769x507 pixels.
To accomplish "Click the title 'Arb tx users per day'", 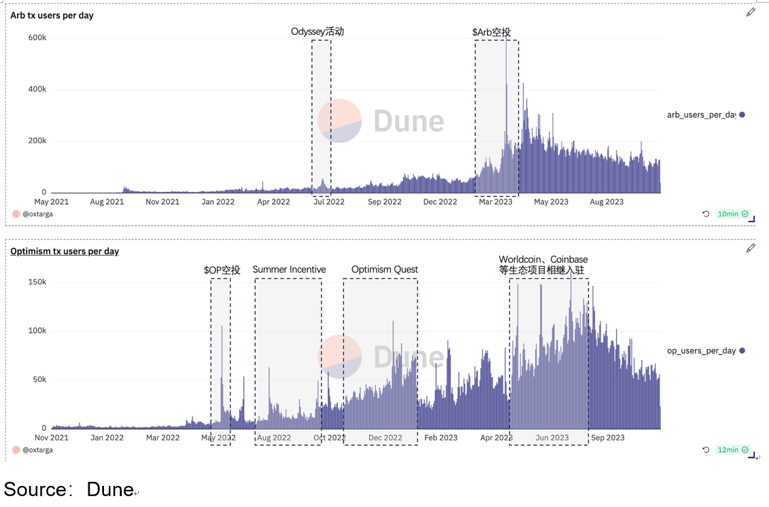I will pos(52,15).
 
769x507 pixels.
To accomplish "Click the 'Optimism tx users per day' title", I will pos(65,251).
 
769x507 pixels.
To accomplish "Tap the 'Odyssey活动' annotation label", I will pos(318,31).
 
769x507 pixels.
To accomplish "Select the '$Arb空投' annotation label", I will pos(492,32).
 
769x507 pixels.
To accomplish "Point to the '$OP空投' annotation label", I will pos(222,270).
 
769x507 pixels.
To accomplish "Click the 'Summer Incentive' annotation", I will pos(289,269).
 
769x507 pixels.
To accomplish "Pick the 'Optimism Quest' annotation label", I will pos(385,269).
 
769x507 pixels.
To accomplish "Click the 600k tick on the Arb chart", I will pos(37,38).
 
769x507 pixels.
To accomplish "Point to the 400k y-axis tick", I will pos(37,90).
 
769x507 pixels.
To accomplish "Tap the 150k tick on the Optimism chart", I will pos(37,282).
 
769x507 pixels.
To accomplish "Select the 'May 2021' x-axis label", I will pos(51,201).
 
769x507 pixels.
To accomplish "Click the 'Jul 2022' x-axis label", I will pos(329,201).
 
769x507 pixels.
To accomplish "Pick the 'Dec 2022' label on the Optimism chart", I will pos(386,438).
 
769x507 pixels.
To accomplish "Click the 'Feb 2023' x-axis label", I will pos(441,438).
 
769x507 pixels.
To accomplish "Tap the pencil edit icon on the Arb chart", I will pos(751,12).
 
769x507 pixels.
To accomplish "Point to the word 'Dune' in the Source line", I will pos(110,489).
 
